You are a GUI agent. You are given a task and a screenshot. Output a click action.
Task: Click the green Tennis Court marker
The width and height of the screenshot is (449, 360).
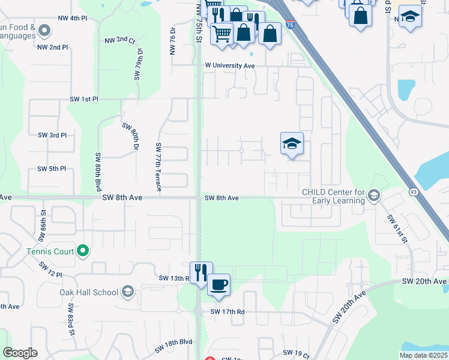click(x=83, y=251)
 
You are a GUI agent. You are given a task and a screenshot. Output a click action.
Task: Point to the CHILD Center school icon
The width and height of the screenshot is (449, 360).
click(x=373, y=195)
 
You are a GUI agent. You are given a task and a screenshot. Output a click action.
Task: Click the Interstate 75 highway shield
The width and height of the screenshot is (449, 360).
click(x=290, y=25)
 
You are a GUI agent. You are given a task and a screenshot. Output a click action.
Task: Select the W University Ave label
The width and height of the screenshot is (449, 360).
click(x=230, y=65)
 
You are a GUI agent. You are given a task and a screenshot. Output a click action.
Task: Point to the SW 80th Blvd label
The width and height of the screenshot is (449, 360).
click(x=98, y=172)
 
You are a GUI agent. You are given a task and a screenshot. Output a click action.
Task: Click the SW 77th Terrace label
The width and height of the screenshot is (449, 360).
click(x=158, y=167)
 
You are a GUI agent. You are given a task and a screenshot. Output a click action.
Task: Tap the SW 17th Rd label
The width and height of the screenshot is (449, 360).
click(x=228, y=312)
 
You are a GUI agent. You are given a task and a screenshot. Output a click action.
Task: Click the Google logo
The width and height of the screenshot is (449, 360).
click(x=20, y=353)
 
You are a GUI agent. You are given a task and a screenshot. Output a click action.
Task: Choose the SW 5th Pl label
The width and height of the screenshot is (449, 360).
click(x=52, y=169)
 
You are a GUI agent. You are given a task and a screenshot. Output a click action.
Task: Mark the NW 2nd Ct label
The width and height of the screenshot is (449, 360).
click(x=120, y=40)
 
